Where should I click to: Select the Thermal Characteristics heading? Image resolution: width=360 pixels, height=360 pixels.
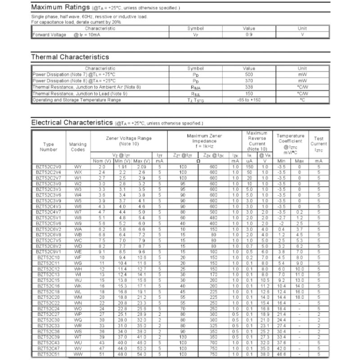[70, 57]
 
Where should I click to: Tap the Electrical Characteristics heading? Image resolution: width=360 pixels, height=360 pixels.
[72, 122]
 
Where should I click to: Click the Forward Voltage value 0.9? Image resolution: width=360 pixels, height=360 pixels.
[249, 35]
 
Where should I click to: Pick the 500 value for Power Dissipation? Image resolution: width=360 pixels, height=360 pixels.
[249, 74]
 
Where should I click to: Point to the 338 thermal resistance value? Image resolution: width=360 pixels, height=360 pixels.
[249, 87]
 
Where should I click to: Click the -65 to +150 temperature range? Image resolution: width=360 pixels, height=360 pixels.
[249, 99]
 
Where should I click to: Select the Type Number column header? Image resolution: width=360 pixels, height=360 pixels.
[49, 146]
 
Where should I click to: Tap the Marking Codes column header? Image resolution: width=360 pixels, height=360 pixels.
[78, 146]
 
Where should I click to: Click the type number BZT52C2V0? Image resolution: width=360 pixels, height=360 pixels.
[49, 167]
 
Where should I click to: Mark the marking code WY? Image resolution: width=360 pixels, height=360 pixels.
[78, 167]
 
